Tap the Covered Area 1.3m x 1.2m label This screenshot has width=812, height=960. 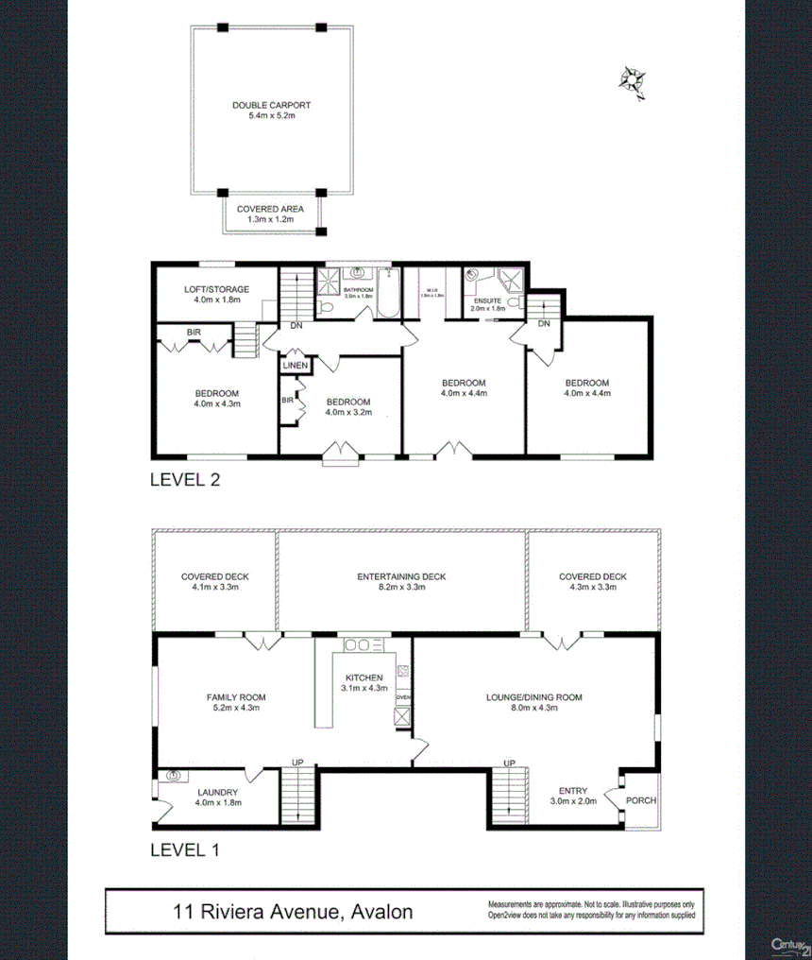coord(270,214)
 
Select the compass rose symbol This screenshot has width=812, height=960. coord(631,81)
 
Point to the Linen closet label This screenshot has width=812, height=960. coord(295,365)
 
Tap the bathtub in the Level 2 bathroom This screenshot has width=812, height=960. coord(388,295)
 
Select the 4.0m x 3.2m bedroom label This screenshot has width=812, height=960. coord(348,406)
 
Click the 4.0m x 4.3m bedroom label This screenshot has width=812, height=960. coord(217,399)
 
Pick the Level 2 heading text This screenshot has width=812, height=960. coord(185,480)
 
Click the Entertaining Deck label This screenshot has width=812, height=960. coord(401,582)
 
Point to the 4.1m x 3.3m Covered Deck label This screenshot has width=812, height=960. coord(215,582)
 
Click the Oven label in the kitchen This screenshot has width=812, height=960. coord(402,697)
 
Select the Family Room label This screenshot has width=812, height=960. coord(233,702)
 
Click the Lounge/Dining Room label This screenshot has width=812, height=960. coord(533,702)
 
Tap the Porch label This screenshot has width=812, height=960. coord(641,800)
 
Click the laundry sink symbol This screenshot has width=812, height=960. coord(173,776)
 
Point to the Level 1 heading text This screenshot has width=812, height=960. coord(185,849)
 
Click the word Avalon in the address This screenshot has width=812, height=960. coord(381,913)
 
